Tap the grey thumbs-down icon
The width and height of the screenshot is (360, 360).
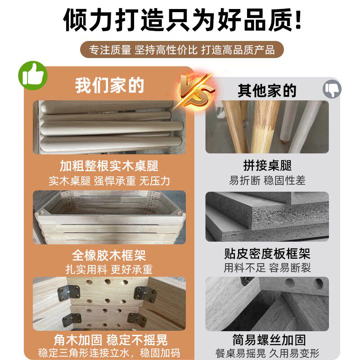pos(332,89)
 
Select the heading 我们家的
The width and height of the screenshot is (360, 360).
pos(109,85)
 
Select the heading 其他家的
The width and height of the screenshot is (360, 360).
pos(267,90)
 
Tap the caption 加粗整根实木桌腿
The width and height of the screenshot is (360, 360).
pos(109,166)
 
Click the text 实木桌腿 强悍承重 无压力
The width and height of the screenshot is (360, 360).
pos(109,180)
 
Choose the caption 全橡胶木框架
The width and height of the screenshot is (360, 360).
pos(109,255)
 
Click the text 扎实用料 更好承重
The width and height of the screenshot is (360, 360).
pos(109,269)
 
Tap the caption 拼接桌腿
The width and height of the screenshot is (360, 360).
pos(267,166)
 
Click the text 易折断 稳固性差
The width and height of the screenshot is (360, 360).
pos(267,180)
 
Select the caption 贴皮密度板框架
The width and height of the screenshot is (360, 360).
pos(267,254)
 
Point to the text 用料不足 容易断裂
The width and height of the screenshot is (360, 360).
pos(267,268)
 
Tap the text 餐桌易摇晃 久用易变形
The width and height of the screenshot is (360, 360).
pos(267,353)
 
